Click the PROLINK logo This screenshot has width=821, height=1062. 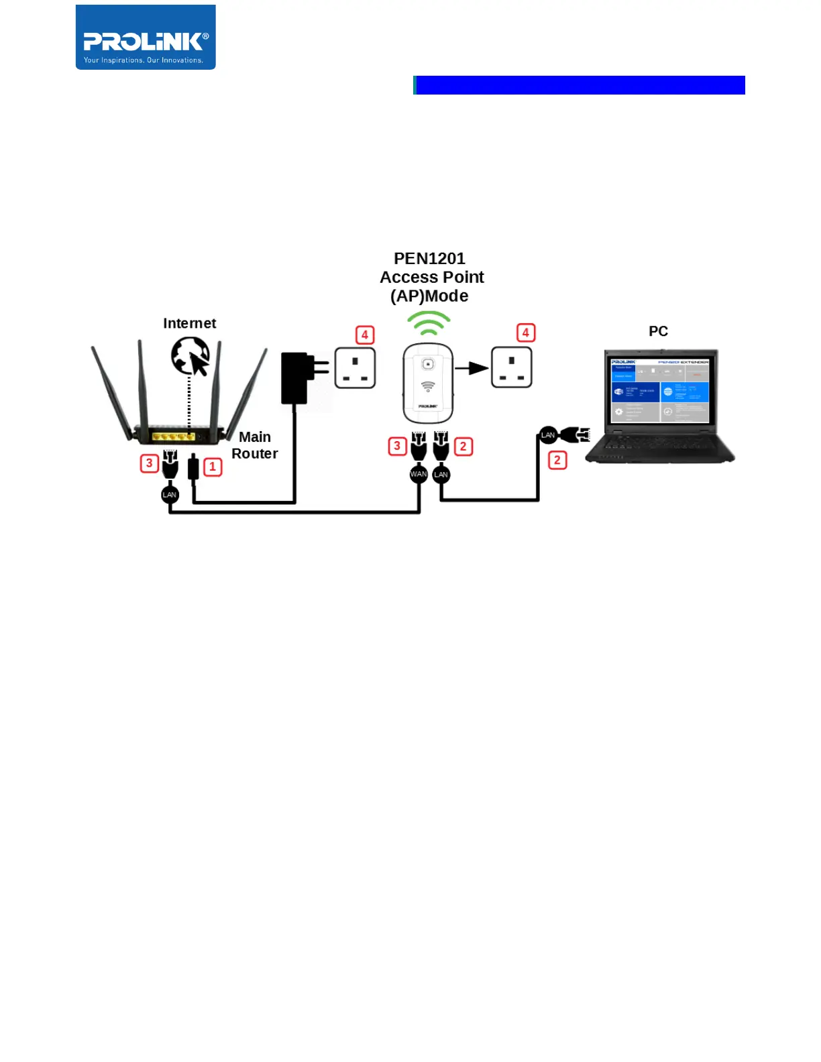(x=146, y=38)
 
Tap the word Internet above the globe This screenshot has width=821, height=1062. (x=189, y=323)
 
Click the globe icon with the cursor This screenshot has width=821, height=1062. (x=190, y=355)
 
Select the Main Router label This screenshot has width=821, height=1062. (x=254, y=445)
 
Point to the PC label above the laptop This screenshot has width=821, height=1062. (x=658, y=331)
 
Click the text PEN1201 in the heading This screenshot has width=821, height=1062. (x=429, y=259)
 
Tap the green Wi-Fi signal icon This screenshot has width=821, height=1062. (x=429, y=323)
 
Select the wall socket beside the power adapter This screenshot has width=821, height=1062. (x=355, y=367)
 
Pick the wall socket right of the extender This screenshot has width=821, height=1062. (x=512, y=367)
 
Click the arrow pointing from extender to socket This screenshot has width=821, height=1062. (x=472, y=368)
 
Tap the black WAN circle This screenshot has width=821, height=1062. (x=419, y=474)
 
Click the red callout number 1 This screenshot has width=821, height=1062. (x=213, y=467)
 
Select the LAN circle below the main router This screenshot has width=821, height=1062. (x=170, y=495)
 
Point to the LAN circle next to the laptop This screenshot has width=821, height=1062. (x=548, y=435)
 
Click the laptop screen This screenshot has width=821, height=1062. (x=660, y=390)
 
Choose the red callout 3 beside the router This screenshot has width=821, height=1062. (x=149, y=463)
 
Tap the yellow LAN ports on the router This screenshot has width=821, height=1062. (x=174, y=436)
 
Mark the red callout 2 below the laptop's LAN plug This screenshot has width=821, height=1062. (x=557, y=460)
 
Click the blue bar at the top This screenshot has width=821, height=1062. (x=580, y=85)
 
